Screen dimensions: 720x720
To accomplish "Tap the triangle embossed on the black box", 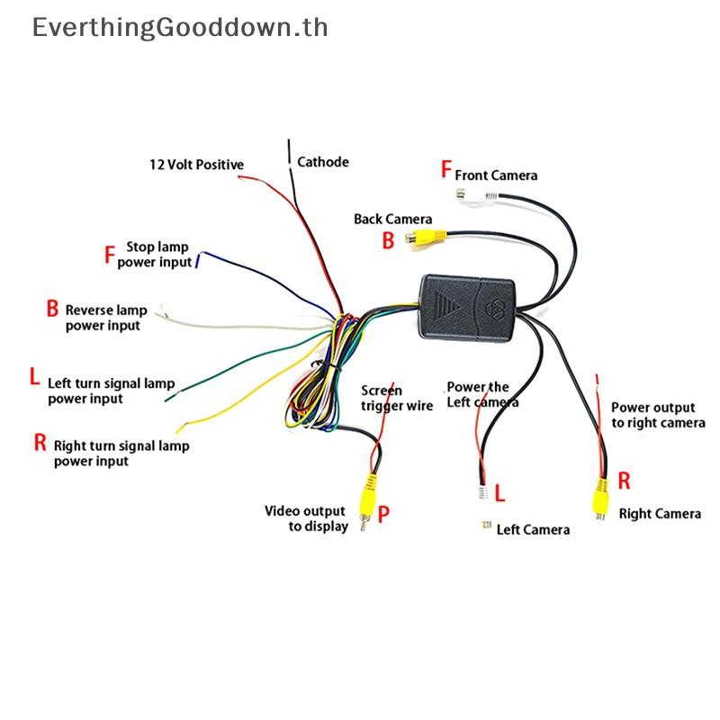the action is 446,305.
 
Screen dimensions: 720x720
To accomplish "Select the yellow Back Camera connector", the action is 426,238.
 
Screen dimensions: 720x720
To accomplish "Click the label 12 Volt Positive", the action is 196,165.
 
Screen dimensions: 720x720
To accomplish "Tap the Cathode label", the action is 323,162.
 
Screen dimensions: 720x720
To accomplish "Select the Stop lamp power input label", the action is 154,255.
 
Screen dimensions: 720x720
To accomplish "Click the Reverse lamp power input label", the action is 106,318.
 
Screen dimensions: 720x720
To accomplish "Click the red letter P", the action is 383,514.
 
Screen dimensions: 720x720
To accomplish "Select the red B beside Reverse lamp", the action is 52,308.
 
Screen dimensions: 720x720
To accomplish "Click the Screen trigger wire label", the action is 397,398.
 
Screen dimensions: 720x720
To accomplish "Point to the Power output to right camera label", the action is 658,415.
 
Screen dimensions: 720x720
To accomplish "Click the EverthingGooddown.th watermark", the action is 180,27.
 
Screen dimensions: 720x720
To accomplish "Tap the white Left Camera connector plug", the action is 482,492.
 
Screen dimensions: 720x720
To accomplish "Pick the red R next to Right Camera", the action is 624,481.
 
